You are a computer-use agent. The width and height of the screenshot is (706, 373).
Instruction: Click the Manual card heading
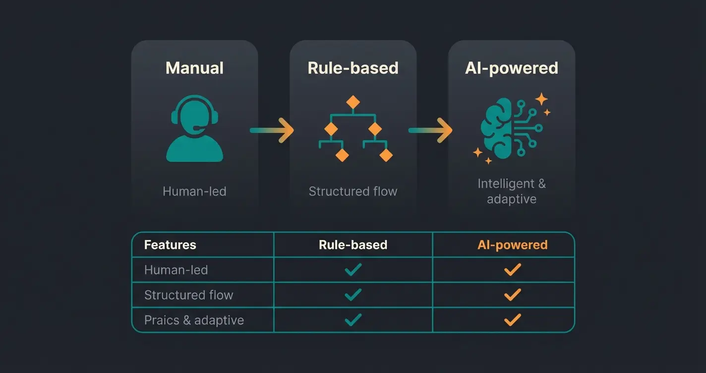(x=194, y=68)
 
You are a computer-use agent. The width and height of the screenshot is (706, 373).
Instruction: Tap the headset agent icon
(x=194, y=129)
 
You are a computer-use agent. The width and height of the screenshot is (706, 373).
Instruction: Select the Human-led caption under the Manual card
(x=194, y=191)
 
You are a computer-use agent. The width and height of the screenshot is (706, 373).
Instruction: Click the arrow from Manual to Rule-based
(x=272, y=130)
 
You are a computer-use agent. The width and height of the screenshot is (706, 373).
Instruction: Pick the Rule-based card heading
(x=353, y=68)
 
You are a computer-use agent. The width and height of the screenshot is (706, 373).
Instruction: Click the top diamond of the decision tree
(x=353, y=102)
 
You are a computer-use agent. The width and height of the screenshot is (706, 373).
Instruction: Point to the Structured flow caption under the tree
(x=353, y=191)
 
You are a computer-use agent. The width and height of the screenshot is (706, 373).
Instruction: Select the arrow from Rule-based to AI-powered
(x=430, y=130)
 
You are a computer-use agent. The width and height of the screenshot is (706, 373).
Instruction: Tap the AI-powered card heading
(x=512, y=68)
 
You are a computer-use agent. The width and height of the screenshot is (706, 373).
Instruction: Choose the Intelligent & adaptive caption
(x=512, y=191)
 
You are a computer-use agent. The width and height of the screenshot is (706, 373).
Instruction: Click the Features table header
(x=170, y=245)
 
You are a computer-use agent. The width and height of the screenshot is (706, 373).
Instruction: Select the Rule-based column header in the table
(x=353, y=245)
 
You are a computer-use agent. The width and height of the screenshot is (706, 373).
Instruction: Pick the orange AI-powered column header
(x=513, y=245)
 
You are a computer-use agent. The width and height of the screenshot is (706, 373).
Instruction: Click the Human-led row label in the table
(x=176, y=270)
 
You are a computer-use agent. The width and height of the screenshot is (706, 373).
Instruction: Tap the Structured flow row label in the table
(x=188, y=295)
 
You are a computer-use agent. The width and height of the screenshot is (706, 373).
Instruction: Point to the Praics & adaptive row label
(x=194, y=320)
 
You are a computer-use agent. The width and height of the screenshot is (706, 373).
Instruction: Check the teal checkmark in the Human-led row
(x=353, y=269)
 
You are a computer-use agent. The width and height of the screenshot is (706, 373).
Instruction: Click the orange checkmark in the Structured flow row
(x=513, y=295)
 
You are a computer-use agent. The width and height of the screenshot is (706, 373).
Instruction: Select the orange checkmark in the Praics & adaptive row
(x=513, y=319)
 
